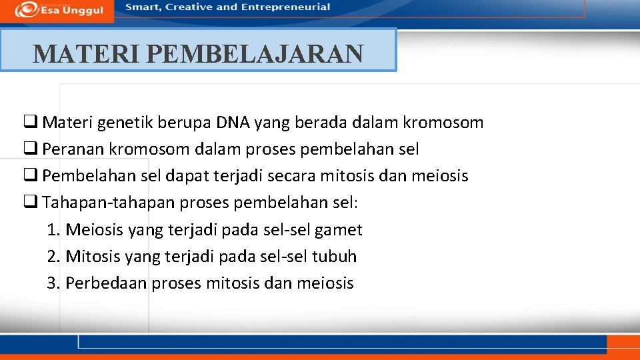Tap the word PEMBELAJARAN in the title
[255, 53]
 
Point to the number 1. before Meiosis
[54, 230]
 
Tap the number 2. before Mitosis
[54, 257]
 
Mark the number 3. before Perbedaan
[54, 283]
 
